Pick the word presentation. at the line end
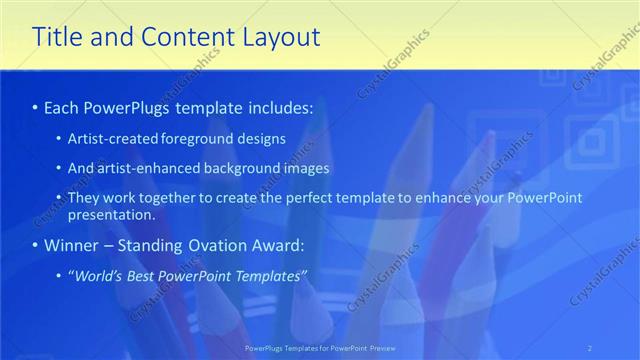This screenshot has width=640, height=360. (x=112, y=215)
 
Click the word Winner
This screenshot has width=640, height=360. (x=68, y=245)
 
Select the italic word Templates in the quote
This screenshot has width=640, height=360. (x=271, y=275)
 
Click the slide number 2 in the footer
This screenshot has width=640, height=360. (x=590, y=348)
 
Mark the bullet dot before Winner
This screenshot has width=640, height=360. (x=35, y=245)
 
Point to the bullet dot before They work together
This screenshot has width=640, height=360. (x=59, y=198)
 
